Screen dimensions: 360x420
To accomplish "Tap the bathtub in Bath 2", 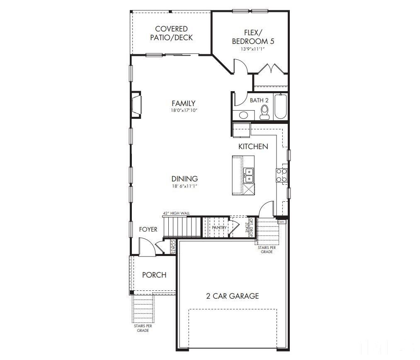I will tap(281, 107).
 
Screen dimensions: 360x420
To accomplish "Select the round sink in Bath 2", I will tap(243, 115).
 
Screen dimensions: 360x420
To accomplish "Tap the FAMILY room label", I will tap(183, 103).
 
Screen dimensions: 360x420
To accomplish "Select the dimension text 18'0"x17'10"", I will tap(183, 111).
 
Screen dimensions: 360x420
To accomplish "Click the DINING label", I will tap(185, 179).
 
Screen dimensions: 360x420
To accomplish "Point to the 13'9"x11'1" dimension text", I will tap(252, 49).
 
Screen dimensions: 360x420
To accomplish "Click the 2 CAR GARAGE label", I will tap(232, 296).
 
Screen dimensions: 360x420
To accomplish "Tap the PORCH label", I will tap(154, 275).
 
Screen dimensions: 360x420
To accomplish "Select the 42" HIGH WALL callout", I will tap(176, 213).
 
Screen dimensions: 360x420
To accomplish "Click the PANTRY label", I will tap(219, 228).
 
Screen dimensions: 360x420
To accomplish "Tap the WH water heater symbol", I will tap(282, 222).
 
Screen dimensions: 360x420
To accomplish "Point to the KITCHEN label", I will tap(253, 146).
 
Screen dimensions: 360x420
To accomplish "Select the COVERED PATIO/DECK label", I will tap(171, 33).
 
